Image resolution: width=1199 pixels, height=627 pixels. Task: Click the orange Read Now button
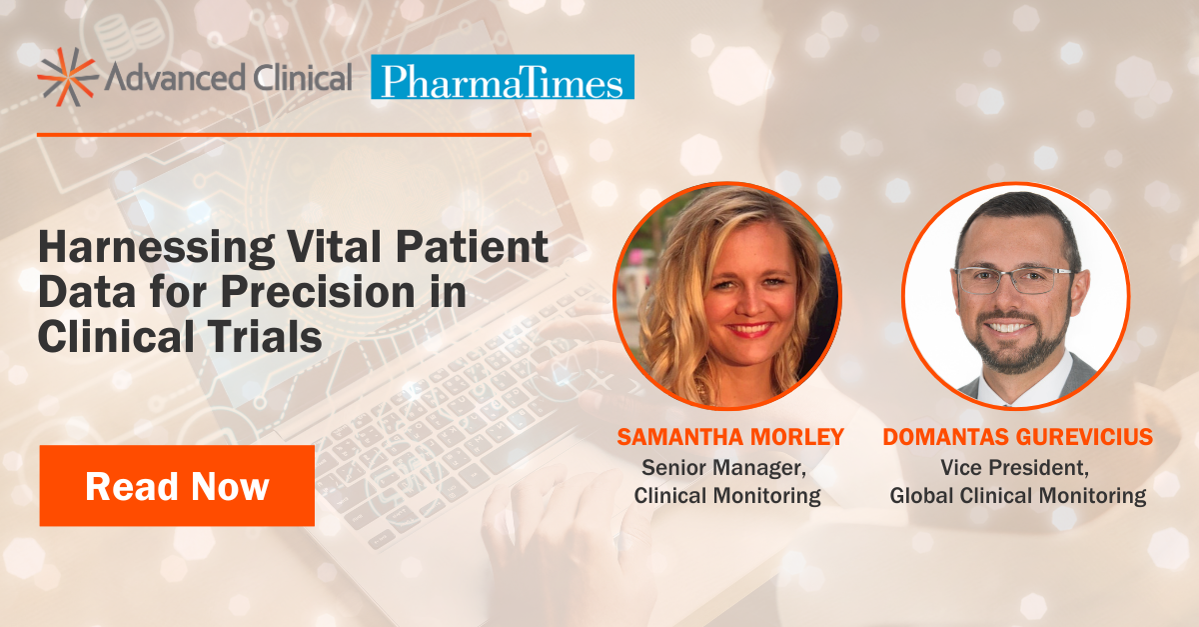(177, 486)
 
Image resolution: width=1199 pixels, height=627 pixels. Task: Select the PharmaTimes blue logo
(502, 78)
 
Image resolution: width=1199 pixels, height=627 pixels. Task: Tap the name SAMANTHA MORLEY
(730, 438)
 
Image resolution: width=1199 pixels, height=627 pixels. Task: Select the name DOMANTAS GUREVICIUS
(1017, 438)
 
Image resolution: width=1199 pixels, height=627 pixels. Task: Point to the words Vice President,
(1017, 467)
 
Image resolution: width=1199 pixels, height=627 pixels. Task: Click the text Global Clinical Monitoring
(1017, 495)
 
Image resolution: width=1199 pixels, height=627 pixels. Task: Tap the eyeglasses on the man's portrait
(1013, 280)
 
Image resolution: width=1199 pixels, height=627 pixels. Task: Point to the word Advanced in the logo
(161, 78)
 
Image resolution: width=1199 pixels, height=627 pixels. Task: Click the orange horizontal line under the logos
(285, 133)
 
